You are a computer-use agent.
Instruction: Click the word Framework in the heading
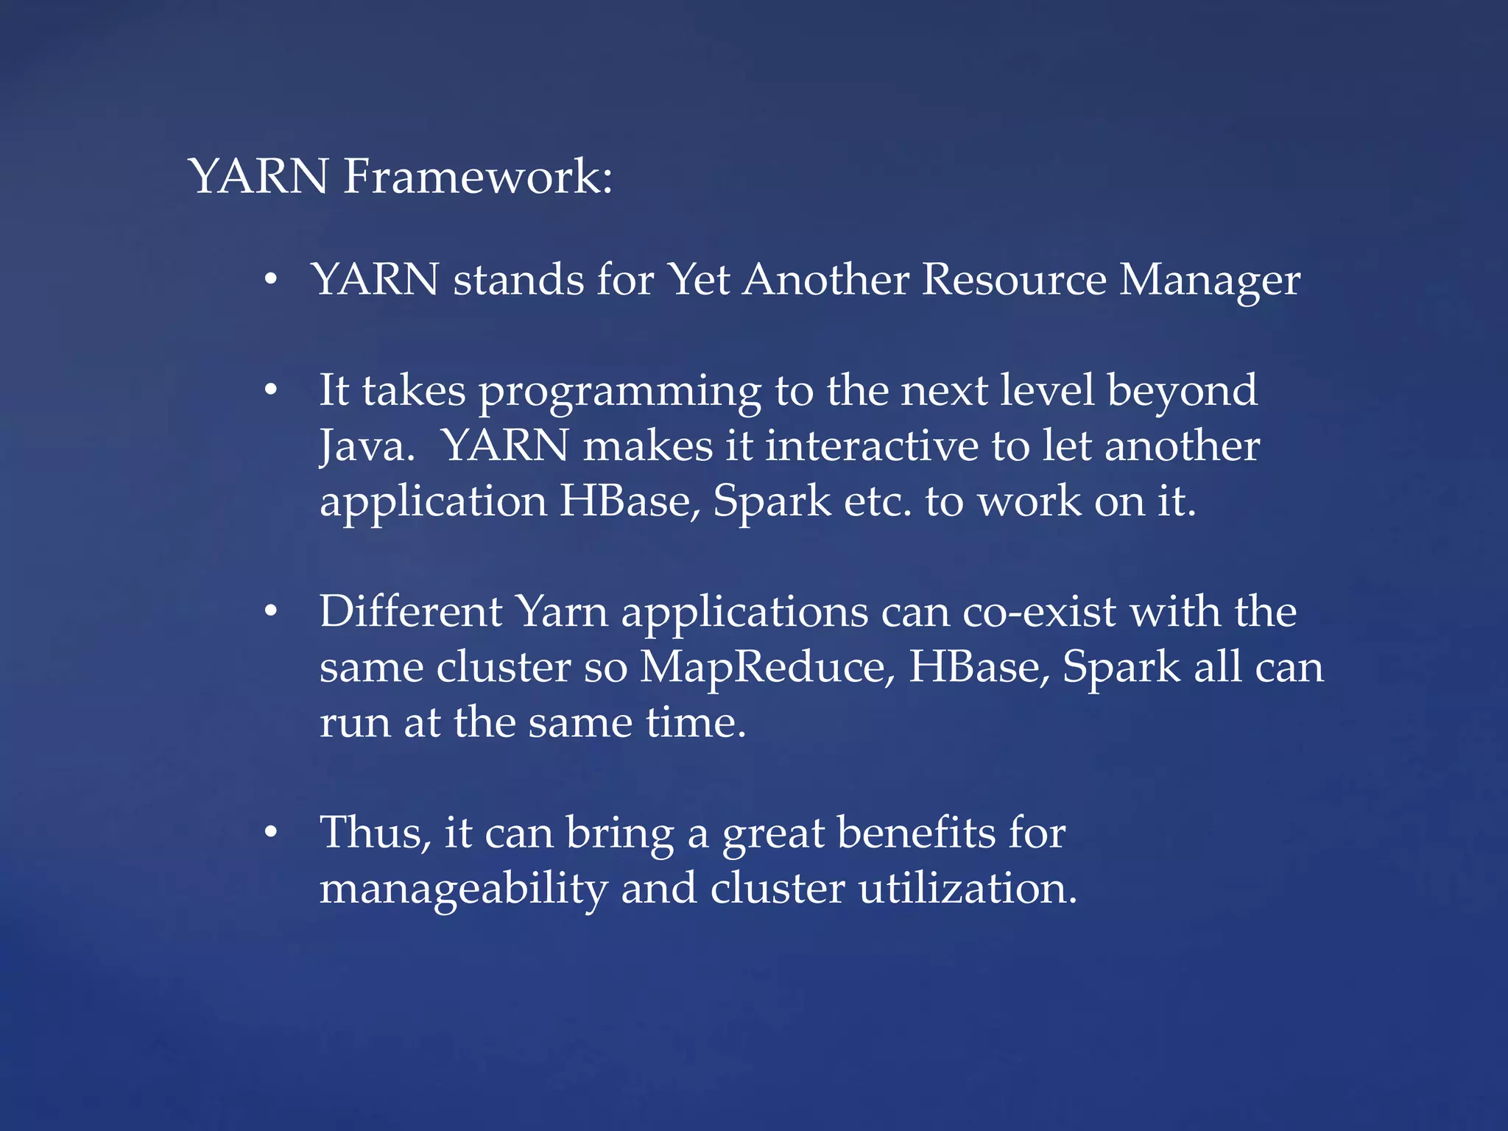pos(477,177)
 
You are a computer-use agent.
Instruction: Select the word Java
pos(367,447)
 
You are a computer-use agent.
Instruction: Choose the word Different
pos(411,611)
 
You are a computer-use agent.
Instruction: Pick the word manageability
pos(463,889)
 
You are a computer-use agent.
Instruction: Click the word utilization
pos(967,888)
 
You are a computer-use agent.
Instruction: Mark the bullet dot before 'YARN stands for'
pos(271,280)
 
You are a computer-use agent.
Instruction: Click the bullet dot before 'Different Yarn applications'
pos(271,611)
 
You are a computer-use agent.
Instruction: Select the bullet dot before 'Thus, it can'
pos(271,833)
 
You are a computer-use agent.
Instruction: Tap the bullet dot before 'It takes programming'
pos(271,390)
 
